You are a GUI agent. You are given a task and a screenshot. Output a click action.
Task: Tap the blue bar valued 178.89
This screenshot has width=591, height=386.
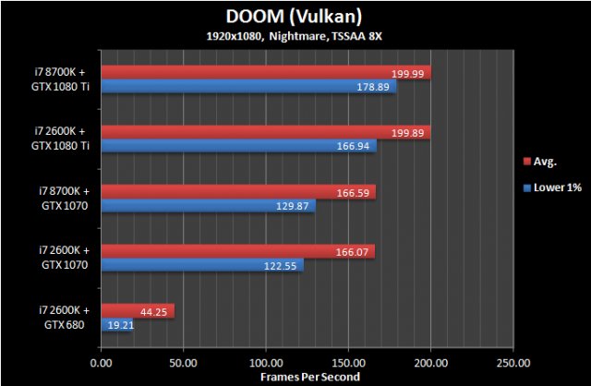coord(248,87)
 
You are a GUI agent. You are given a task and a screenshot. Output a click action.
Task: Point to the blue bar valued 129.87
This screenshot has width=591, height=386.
coord(208,205)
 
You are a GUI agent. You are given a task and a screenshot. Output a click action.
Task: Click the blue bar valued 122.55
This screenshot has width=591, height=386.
coord(202,264)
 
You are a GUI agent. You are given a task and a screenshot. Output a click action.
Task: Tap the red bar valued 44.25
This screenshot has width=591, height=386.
coord(138,310)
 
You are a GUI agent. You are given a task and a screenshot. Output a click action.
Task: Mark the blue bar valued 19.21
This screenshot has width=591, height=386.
coord(117,324)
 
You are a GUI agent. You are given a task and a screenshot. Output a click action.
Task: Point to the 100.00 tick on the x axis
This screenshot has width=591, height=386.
coord(266,362)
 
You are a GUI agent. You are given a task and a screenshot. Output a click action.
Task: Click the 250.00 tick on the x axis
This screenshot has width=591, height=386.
coord(513,362)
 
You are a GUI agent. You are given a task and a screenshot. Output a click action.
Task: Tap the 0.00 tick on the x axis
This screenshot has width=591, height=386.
coord(102,362)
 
